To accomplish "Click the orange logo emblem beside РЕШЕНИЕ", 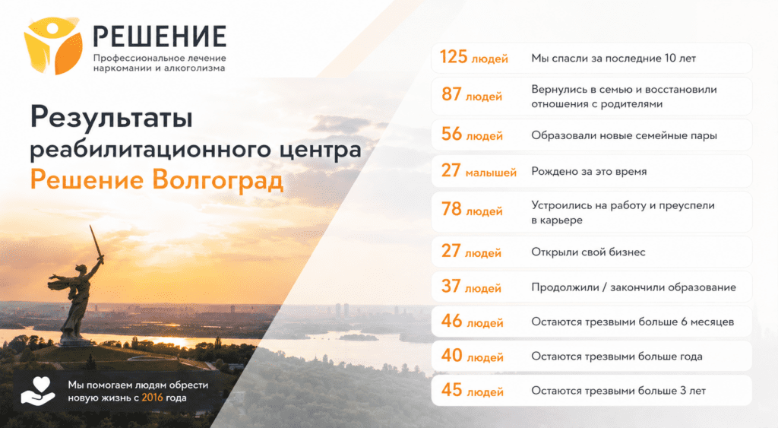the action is tap(53, 46).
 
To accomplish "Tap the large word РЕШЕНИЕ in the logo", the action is tap(160, 36).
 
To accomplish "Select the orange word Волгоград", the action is tap(218, 179).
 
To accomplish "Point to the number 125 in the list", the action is tap(454, 56).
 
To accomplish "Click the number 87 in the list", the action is tap(451, 94).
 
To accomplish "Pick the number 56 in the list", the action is tap(451, 134).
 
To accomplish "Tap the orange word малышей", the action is tap(491, 173).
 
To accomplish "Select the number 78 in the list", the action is tap(451, 208).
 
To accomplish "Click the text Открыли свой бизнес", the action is tap(588, 252).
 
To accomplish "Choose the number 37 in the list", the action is tap(451, 286).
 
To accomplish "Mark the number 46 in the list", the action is tap(452, 321).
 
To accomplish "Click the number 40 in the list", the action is tap(452, 355).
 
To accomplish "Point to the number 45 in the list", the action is tap(452, 390).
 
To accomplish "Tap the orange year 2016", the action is tap(152, 398).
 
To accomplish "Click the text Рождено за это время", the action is tap(589, 172).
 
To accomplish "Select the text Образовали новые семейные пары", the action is tap(625, 135).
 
